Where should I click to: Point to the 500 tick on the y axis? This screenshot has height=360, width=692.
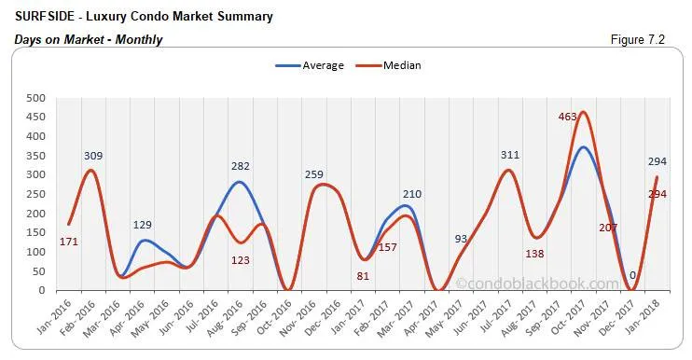[x=35, y=98]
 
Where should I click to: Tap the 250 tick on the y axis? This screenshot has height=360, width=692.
[x=35, y=194]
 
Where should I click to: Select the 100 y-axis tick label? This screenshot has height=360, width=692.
[x=35, y=252]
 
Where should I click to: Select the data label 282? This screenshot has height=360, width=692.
[x=241, y=166]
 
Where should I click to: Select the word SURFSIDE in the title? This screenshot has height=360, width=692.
[x=44, y=16]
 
